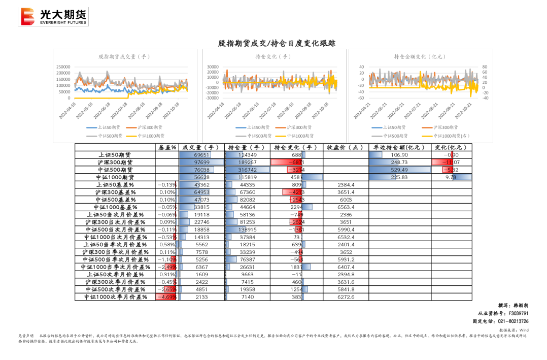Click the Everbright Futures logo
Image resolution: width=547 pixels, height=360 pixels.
point(53,17)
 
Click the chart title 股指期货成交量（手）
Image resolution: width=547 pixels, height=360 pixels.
point(124,57)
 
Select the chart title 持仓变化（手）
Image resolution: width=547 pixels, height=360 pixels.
point(273,57)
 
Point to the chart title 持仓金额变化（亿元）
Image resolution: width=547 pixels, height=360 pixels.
point(420,57)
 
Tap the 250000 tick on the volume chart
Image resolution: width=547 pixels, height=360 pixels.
point(63,67)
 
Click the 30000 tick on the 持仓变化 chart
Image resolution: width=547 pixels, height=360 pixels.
point(213,67)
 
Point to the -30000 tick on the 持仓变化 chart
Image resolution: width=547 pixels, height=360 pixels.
point(212,98)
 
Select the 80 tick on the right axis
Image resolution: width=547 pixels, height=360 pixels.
point(485,67)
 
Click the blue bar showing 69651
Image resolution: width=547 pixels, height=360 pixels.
point(195,155)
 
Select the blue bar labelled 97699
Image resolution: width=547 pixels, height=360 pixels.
point(201,162)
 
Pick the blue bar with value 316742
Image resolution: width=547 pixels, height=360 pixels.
point(247,170)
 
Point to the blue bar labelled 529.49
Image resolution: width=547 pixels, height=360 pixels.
point(399,170)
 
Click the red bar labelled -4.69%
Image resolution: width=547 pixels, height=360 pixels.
point(165,297)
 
